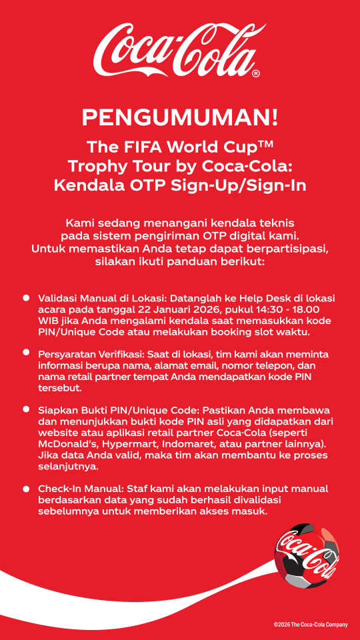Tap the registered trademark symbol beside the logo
[x=256, y=74]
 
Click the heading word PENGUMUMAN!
[x=180, y=117]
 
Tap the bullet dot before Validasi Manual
[x=27, y=296]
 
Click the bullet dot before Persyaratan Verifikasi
[x=27, y=352]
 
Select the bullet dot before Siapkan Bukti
[x=27, y=409]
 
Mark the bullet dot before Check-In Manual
[x=27, y=489]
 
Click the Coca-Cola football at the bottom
[x=305, y=555]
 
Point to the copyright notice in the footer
[x=310, y=625]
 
